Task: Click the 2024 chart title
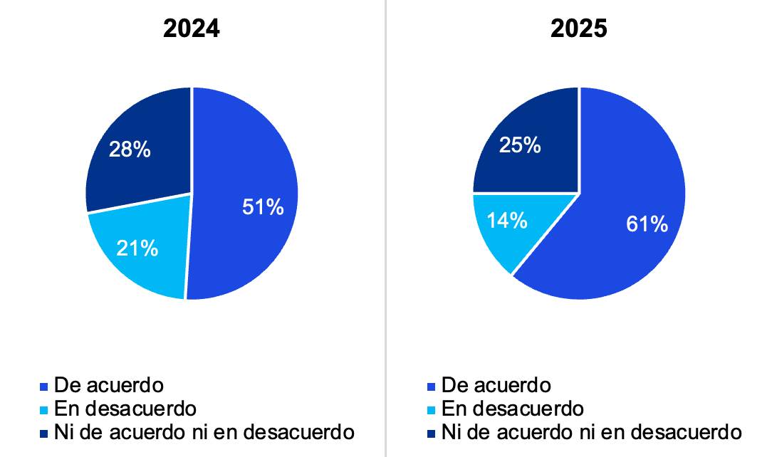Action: tap(192, 28)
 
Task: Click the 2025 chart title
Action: tap(578, 28)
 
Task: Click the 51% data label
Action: tap(262, 208)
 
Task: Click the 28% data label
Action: tap(129, 149)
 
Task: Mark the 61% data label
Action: tap(647, 224)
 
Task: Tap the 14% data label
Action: tap(506, 220)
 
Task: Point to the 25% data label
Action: tap(520, 146)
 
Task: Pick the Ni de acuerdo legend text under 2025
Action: tap(591, 431)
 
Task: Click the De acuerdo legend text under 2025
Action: tap(496, 385)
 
